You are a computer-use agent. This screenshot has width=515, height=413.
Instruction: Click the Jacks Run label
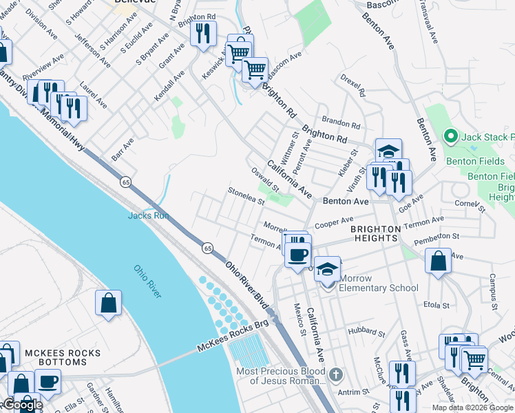point(148,215)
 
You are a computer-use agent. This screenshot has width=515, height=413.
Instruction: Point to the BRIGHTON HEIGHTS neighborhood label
point(374,233)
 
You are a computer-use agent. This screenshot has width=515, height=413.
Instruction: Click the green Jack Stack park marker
point(451,136)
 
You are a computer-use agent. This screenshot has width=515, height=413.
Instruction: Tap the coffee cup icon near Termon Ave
point(298,254)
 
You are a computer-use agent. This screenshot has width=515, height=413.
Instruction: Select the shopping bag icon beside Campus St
point(438,262)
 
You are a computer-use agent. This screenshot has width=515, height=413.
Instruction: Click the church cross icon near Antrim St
point(335,375)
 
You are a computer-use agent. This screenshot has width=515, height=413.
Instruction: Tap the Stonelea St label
point(246,197)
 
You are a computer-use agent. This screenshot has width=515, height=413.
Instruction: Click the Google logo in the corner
point(22,404)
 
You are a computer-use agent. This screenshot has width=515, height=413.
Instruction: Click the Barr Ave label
point(123,147)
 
